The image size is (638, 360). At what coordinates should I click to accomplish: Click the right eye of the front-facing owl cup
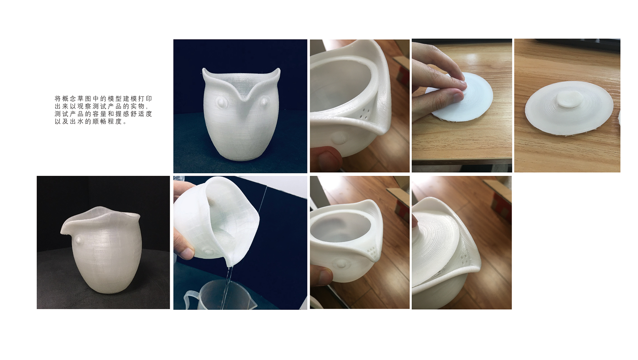pos(265,101)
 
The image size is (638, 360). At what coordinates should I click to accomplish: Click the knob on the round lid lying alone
pos(569,99)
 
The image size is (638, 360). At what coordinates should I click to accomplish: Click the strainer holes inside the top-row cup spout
pos(366,113)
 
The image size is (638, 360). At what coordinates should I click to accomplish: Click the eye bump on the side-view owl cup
pos(79,239)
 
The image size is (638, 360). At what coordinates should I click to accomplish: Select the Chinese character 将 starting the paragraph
pos(58,99)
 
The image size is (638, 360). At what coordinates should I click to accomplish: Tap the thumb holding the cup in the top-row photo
pos(327,158)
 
